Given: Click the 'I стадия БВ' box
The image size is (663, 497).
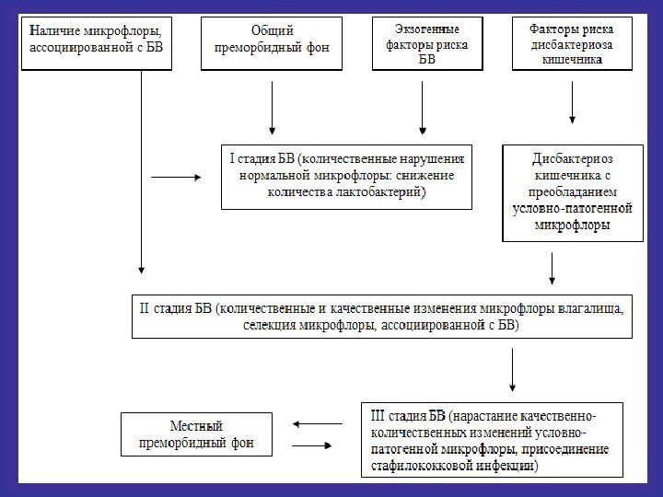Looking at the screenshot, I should coord(347,176).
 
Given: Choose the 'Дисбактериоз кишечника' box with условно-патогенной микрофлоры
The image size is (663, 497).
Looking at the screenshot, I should coord(573,191).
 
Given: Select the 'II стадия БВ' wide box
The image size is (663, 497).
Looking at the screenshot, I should coord(381,316).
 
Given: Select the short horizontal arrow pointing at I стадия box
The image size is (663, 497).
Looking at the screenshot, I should coord(174,176).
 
